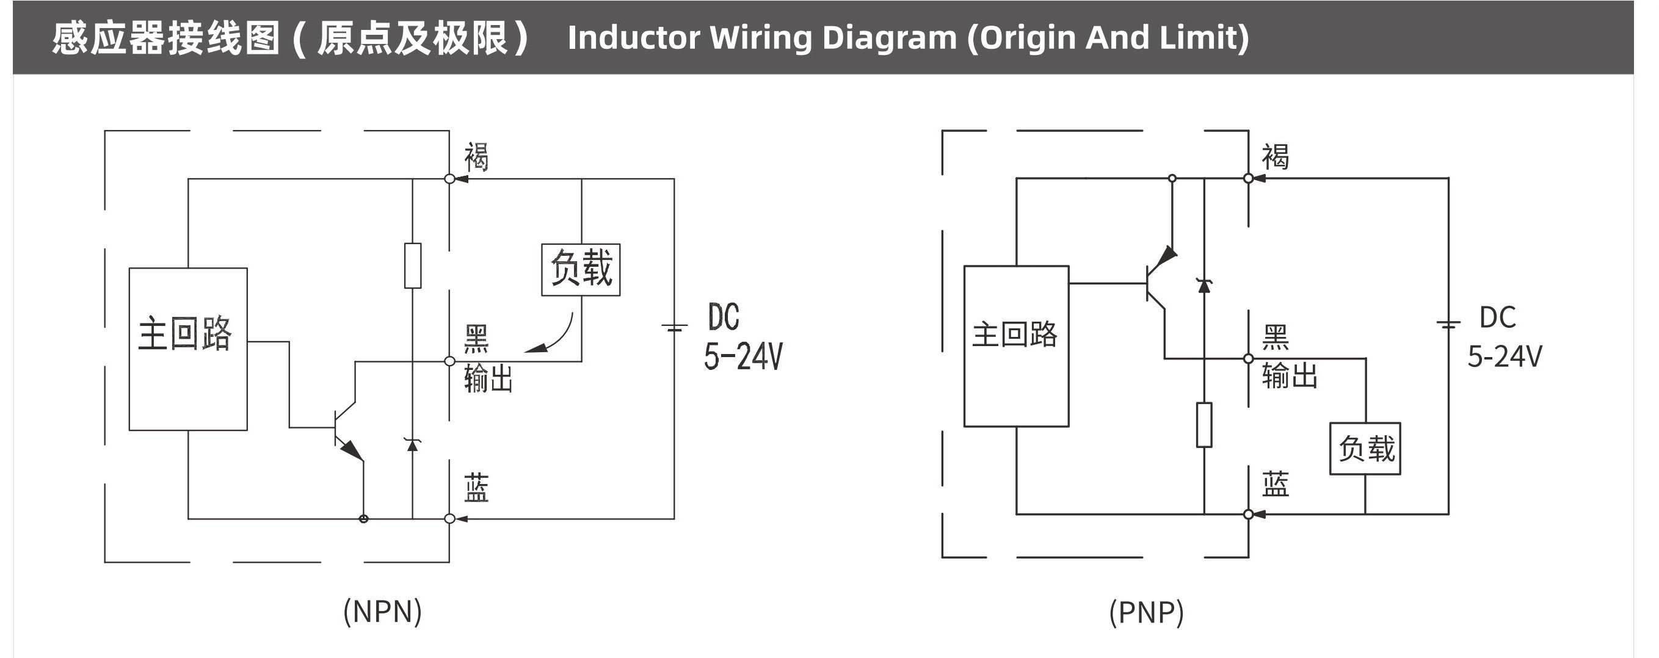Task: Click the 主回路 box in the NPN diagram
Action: click(x=187, y=349)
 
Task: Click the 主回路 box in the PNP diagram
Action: click(x=1015, y=345)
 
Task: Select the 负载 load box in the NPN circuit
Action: click(x=580, y=269)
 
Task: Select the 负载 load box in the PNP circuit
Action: click(x=1365, y=448)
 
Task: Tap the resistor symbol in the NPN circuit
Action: click(x=413, y=266)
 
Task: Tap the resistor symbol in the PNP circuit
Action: click(x=1203, y=424)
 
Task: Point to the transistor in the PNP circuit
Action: click(x=1160, y=283)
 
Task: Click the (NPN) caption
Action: click(x=383, y=611)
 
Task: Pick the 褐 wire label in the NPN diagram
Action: click(x=477, y=157)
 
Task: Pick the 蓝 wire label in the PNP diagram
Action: click(x=1275, y=484)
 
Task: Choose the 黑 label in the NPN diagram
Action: click(x=477, y=339)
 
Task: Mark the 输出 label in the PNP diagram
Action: click(x=1290, y=375)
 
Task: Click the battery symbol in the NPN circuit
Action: click(x=674, y=328)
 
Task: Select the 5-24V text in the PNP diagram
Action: click(x=1505, y=356)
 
